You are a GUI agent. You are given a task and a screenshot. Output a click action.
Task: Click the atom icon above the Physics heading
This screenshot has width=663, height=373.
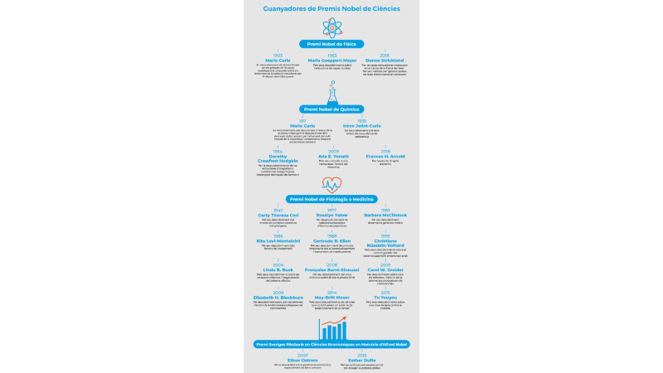[x=331, y=28]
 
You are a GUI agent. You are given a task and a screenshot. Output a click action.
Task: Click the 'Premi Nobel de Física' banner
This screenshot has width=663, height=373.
[x=331, y=44]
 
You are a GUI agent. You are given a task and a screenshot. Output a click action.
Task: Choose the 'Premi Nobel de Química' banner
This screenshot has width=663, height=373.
[x=331, y=109]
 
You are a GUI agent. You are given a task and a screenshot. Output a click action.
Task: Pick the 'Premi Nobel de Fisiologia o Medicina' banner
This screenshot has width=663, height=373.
[x=331, y=200]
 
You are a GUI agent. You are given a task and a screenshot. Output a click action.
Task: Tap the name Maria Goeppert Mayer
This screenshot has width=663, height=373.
[x=331, y=61]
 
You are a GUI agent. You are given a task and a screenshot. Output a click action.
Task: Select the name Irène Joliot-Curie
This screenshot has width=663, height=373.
[x=361, y=125]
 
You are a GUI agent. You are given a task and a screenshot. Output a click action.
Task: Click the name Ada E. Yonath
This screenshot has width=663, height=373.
[x=331, y=155]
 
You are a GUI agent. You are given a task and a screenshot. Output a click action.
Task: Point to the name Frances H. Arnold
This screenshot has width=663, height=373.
[x=385, y=155]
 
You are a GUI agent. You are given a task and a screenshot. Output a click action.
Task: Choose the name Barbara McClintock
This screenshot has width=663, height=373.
[x=385, y=216]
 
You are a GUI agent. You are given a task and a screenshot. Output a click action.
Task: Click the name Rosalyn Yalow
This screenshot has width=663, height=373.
[x=331, y=216]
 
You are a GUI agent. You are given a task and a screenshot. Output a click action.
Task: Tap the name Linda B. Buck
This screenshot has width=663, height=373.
[x=278, y=269]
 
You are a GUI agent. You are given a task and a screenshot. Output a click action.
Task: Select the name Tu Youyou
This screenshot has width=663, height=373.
[x=385, y=297]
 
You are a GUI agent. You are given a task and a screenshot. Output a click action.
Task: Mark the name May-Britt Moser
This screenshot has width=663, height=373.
[x=331, y=297]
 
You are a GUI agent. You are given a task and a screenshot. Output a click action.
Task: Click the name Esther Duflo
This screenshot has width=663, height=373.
[x=362, y=360]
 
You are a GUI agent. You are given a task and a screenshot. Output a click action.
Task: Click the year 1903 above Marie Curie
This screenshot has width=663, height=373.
[x=278, y=56]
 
